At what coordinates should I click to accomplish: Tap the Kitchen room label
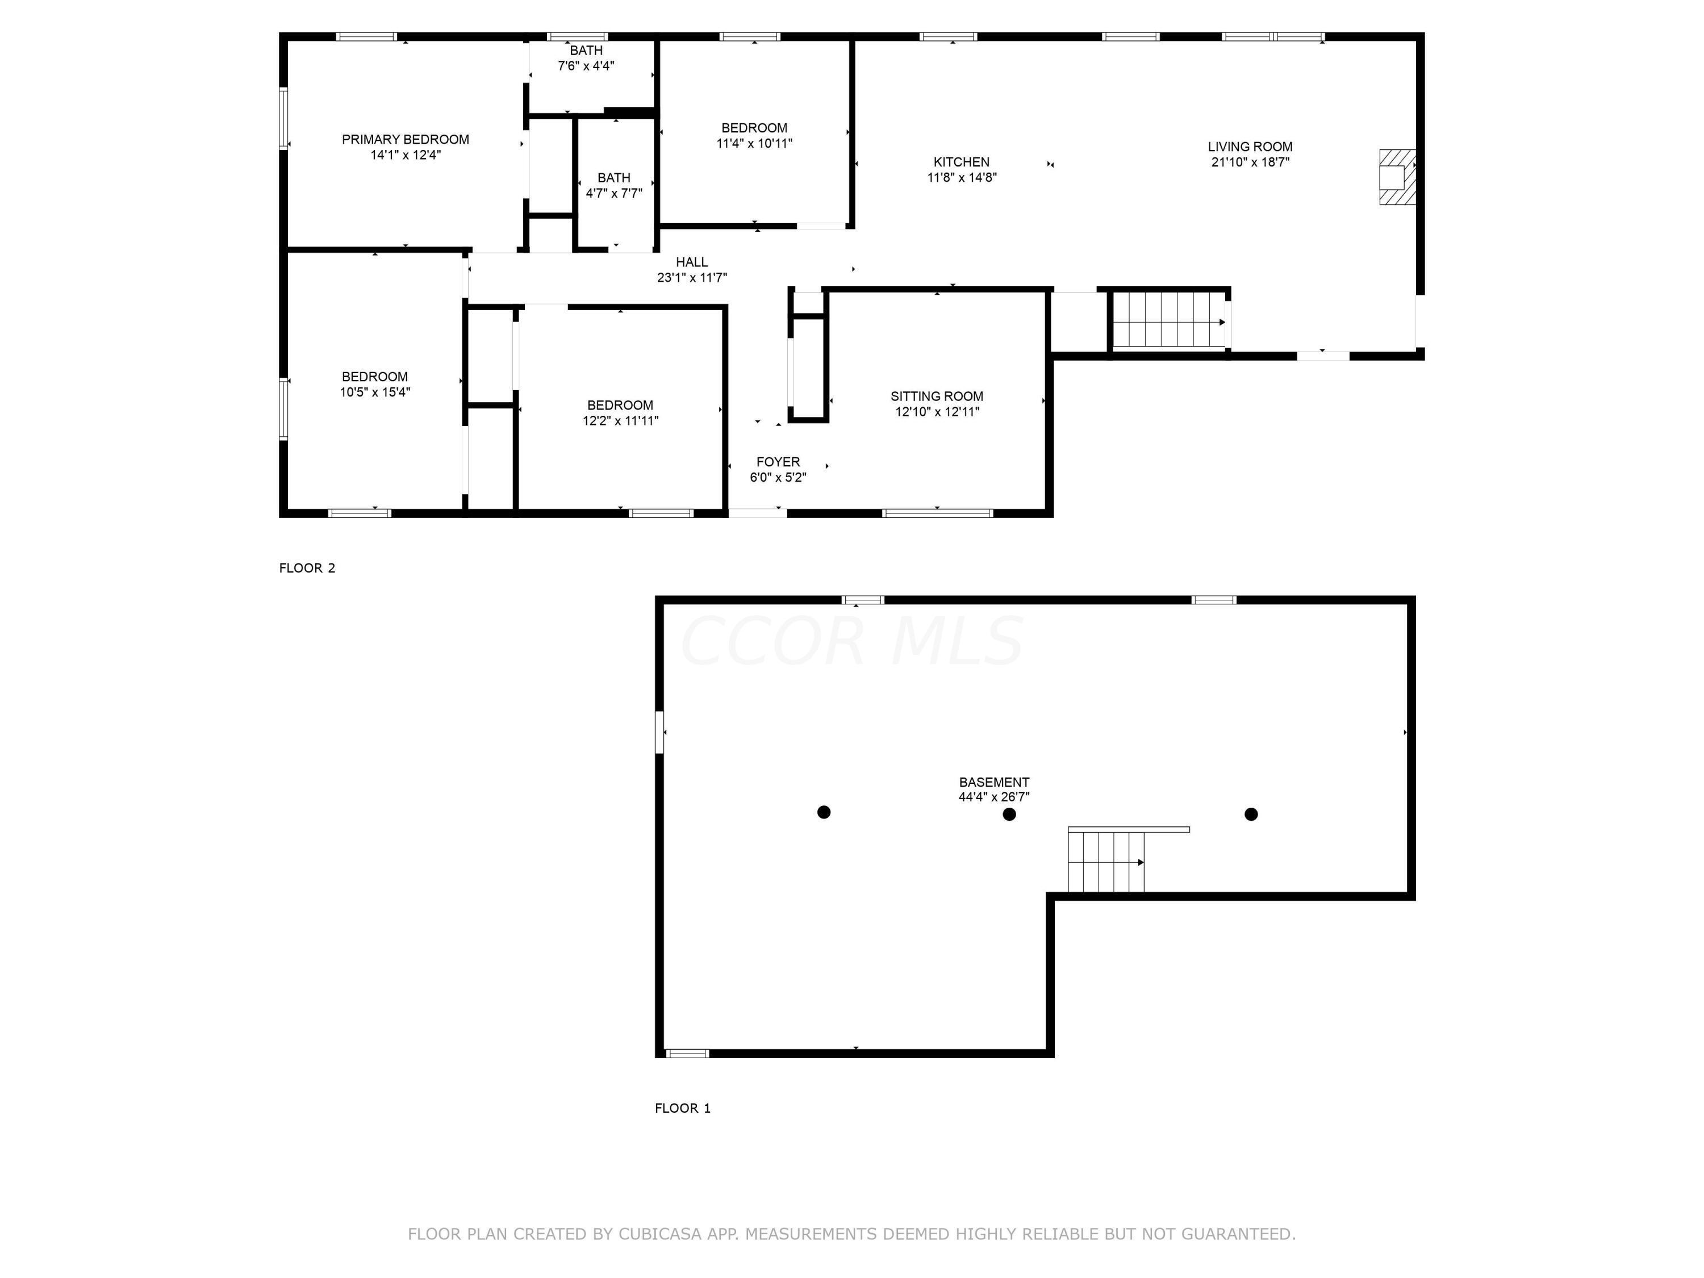point(962,162)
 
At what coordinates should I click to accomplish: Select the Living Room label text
point(1250,147)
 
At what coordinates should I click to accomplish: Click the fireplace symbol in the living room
point(1397,177)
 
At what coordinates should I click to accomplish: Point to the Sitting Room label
point(937,396)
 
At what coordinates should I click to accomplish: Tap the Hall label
point(692,262)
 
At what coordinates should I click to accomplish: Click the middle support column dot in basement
point(1009,815)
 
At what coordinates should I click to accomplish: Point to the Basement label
point(994,782)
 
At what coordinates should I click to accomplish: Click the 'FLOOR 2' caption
point(307,568)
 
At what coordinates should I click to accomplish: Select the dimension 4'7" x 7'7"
point(614,193)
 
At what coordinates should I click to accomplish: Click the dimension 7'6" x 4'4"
point(586,65)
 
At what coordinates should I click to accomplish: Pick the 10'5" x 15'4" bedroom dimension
point(375,391)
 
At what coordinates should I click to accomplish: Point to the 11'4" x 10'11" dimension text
point(754,143)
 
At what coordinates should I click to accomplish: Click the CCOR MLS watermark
point(852,641)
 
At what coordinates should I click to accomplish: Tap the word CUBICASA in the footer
point(659,1234)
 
